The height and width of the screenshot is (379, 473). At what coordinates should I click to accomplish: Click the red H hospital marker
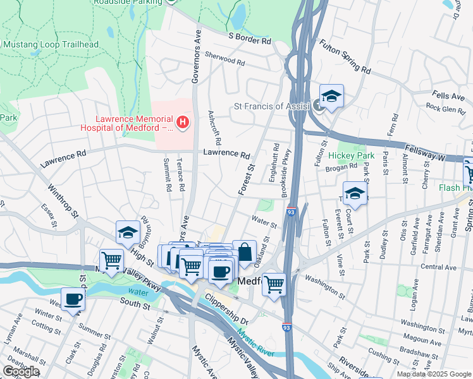pyautogui.click(x=183, y=121)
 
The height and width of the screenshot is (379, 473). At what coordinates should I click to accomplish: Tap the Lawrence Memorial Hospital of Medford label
pyautogui.click(x=134, y=123)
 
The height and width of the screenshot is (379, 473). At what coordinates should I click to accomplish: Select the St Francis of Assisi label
pyautogui.click(x=271, y=107)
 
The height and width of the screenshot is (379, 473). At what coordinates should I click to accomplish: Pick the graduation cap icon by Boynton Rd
pyautogui.click(x=128, y=234)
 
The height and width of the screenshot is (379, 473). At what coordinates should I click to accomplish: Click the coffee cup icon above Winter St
pyautogui.click(x=72, y=300)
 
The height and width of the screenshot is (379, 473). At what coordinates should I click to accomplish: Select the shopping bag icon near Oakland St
pyautogui.click(x=244, y=254)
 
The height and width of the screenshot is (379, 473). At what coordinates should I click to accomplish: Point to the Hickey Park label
pyautogui.click(x=351, y=155)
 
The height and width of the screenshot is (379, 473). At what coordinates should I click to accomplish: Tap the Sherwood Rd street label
pyautogui.click(x=224, y=62)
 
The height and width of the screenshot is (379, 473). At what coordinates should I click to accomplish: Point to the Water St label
pyautogui.click(x=264, y=223)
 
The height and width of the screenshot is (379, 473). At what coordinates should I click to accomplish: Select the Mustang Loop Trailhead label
pyautogui.click(x=51, y=44)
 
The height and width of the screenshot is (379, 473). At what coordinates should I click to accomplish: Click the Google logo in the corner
pyautogui.click(x=21, y=371)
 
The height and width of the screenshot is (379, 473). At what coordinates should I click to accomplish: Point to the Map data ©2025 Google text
pyautogui.click(x=433, y=374)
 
